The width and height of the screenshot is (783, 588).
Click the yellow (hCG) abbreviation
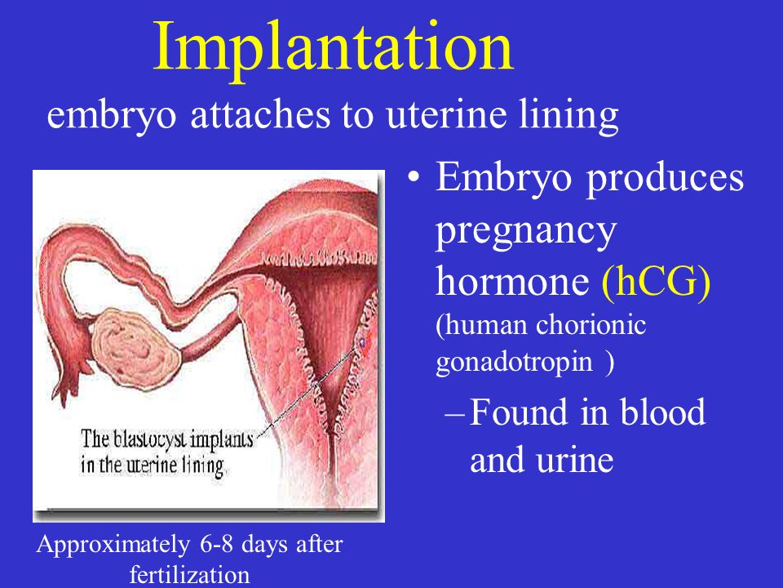[x=656, y=282]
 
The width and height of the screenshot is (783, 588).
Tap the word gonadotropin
[x=515, y=363]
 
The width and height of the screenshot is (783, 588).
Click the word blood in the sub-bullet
[x=662, y=412]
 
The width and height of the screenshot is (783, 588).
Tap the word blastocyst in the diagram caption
[x=150, y=439]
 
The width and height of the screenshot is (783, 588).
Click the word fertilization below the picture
[x=190, y=574]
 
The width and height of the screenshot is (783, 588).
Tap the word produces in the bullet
[x=665, y=180]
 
